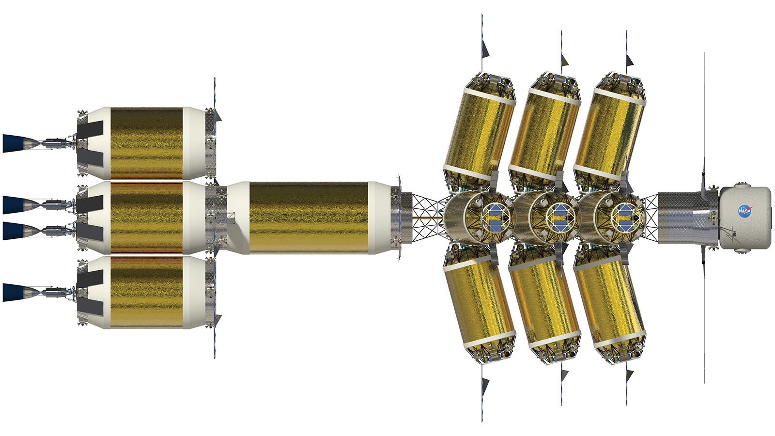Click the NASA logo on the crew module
pyautogui.click(x=744, y=210)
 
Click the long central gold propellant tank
pyautogui.click(x=308, y=218)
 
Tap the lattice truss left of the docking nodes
pyautogui.click(x=428, y=218)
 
